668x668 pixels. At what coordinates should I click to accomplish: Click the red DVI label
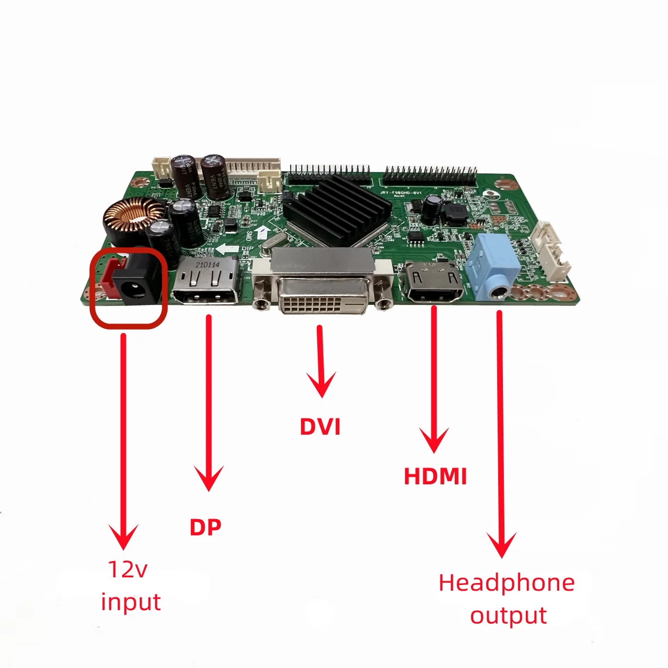(x=320, y=427)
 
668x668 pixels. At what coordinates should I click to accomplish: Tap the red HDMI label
(x=435, y=476)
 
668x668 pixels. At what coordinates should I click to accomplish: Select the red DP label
(x=206, y=527)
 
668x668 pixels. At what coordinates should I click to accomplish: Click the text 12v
(x=127, y=569)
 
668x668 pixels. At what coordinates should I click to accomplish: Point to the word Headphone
(x=507, y=583)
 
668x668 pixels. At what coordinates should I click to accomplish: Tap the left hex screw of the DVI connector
(x=261, y=303)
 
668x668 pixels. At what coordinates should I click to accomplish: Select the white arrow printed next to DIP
(x=227, y=250)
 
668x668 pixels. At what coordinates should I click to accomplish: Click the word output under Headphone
(x=508, y=616)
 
